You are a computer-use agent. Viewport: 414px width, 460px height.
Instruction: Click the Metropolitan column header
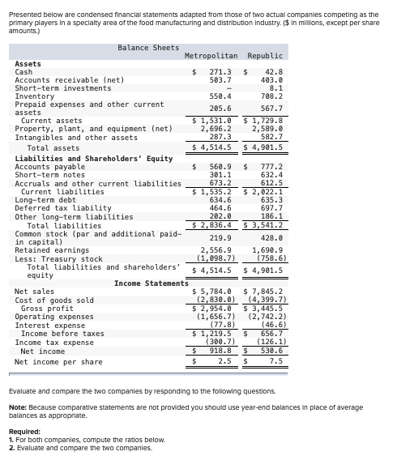(211, 55)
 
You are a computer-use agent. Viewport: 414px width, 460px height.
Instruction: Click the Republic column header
(265, 55)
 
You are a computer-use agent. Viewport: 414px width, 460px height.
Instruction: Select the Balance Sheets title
(148, 47)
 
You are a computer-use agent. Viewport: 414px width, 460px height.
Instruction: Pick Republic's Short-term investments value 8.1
(274, 88)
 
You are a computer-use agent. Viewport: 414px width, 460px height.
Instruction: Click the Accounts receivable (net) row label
(69, 80)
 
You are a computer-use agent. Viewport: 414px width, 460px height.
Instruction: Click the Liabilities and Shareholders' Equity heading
(94, 159)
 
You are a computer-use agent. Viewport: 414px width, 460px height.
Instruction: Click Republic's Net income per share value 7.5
(275, 361)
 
